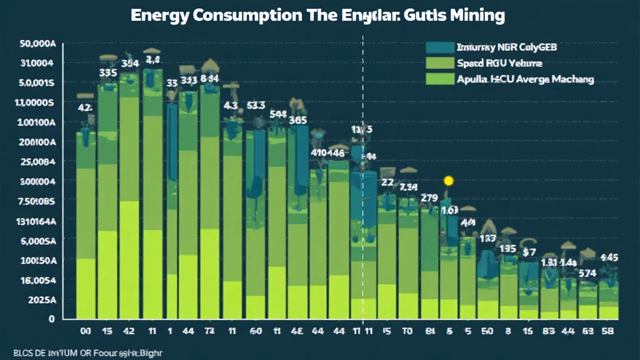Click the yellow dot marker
click(447, 181)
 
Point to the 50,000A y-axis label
click(37, 44)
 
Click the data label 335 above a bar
click(108, 72)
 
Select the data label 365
click(298, 121)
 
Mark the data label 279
click(429, 198)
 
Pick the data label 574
click(587, 273)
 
